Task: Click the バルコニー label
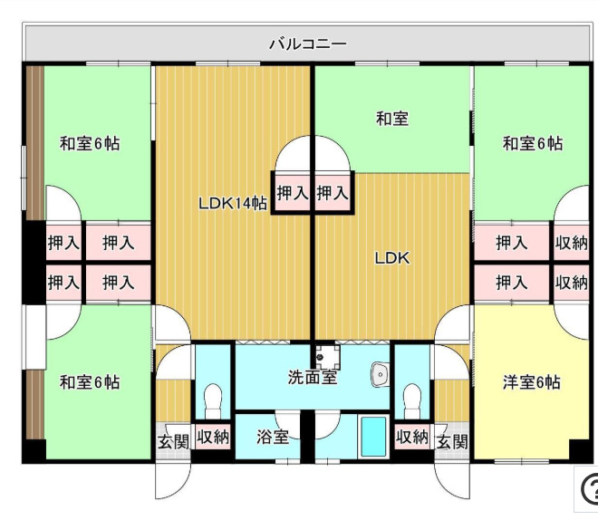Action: (308, 43)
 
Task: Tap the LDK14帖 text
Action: (232, 204)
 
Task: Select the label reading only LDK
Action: (392, 258)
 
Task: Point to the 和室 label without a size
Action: (392, 118)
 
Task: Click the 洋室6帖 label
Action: (532, 382)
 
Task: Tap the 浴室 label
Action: (273, 438)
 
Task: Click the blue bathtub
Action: (372, 436)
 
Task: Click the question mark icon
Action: (589, 488)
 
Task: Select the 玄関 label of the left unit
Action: (173, 442)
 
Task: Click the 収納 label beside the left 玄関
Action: (213, 438)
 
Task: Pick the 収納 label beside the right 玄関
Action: (411, 438)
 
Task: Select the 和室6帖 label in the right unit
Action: (532, 143)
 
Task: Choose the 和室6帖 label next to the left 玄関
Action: (90, 382)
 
